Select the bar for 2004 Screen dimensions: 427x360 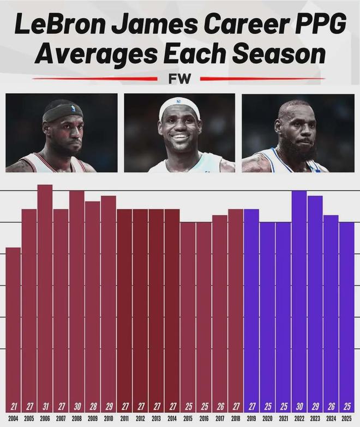(13, 327)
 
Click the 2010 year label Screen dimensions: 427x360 (108, 418)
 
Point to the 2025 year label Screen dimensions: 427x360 (346, 418)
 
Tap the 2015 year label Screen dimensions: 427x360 (188, 418)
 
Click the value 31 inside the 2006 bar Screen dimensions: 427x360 (45, 406)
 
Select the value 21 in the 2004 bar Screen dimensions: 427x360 (13, 406)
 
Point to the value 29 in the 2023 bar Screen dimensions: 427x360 (315, 406)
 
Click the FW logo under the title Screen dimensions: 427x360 (179, 79)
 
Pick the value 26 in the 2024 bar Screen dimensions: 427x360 (331, 406)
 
